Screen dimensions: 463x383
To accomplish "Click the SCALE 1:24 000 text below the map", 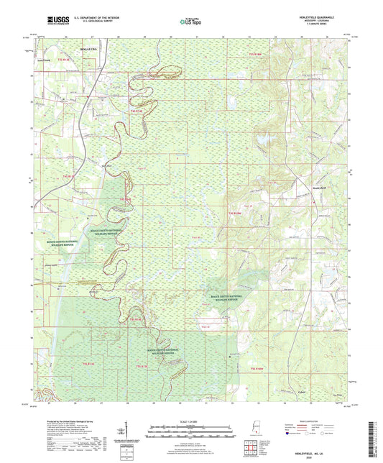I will pos(192,421).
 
